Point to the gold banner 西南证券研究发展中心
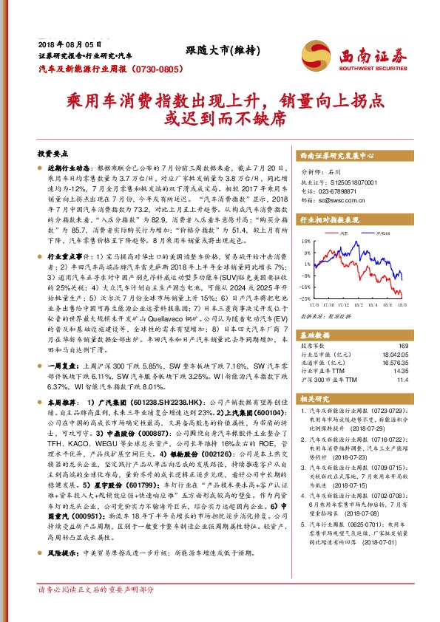336,157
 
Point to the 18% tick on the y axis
305,241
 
